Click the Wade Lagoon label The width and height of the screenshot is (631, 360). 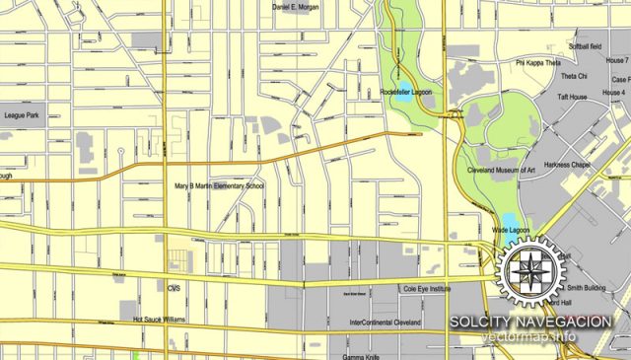511,231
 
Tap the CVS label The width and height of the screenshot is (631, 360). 175,288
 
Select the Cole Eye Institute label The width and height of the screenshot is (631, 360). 426,289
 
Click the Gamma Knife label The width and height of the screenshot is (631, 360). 360,355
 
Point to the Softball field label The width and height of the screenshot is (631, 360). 584,46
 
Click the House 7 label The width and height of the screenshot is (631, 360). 617,61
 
